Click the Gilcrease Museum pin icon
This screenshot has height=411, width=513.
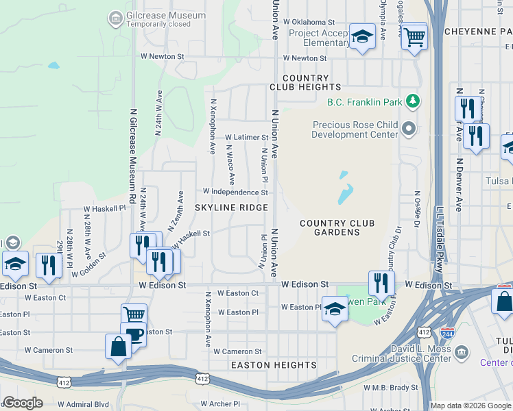tap(116, 16)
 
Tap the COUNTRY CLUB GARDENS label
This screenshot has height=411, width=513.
tap(337, 228)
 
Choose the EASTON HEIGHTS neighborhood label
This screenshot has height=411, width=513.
tap(274, 365)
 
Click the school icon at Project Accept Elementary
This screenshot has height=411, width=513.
tap(361, 37)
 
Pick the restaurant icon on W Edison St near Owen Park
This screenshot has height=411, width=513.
tap(381, 282)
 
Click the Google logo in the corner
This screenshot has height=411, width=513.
tap(23, 402)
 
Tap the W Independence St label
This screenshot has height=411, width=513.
tap(235, 192)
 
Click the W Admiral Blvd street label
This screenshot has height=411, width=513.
tap(84, 404)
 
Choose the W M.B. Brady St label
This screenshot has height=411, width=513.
tap(391, 387)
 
